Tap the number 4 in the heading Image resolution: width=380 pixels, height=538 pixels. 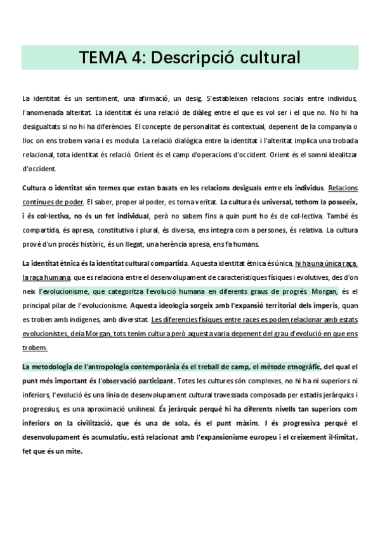(x=138, y=58)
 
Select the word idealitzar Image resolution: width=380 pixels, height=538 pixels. (x=341, y=155)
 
